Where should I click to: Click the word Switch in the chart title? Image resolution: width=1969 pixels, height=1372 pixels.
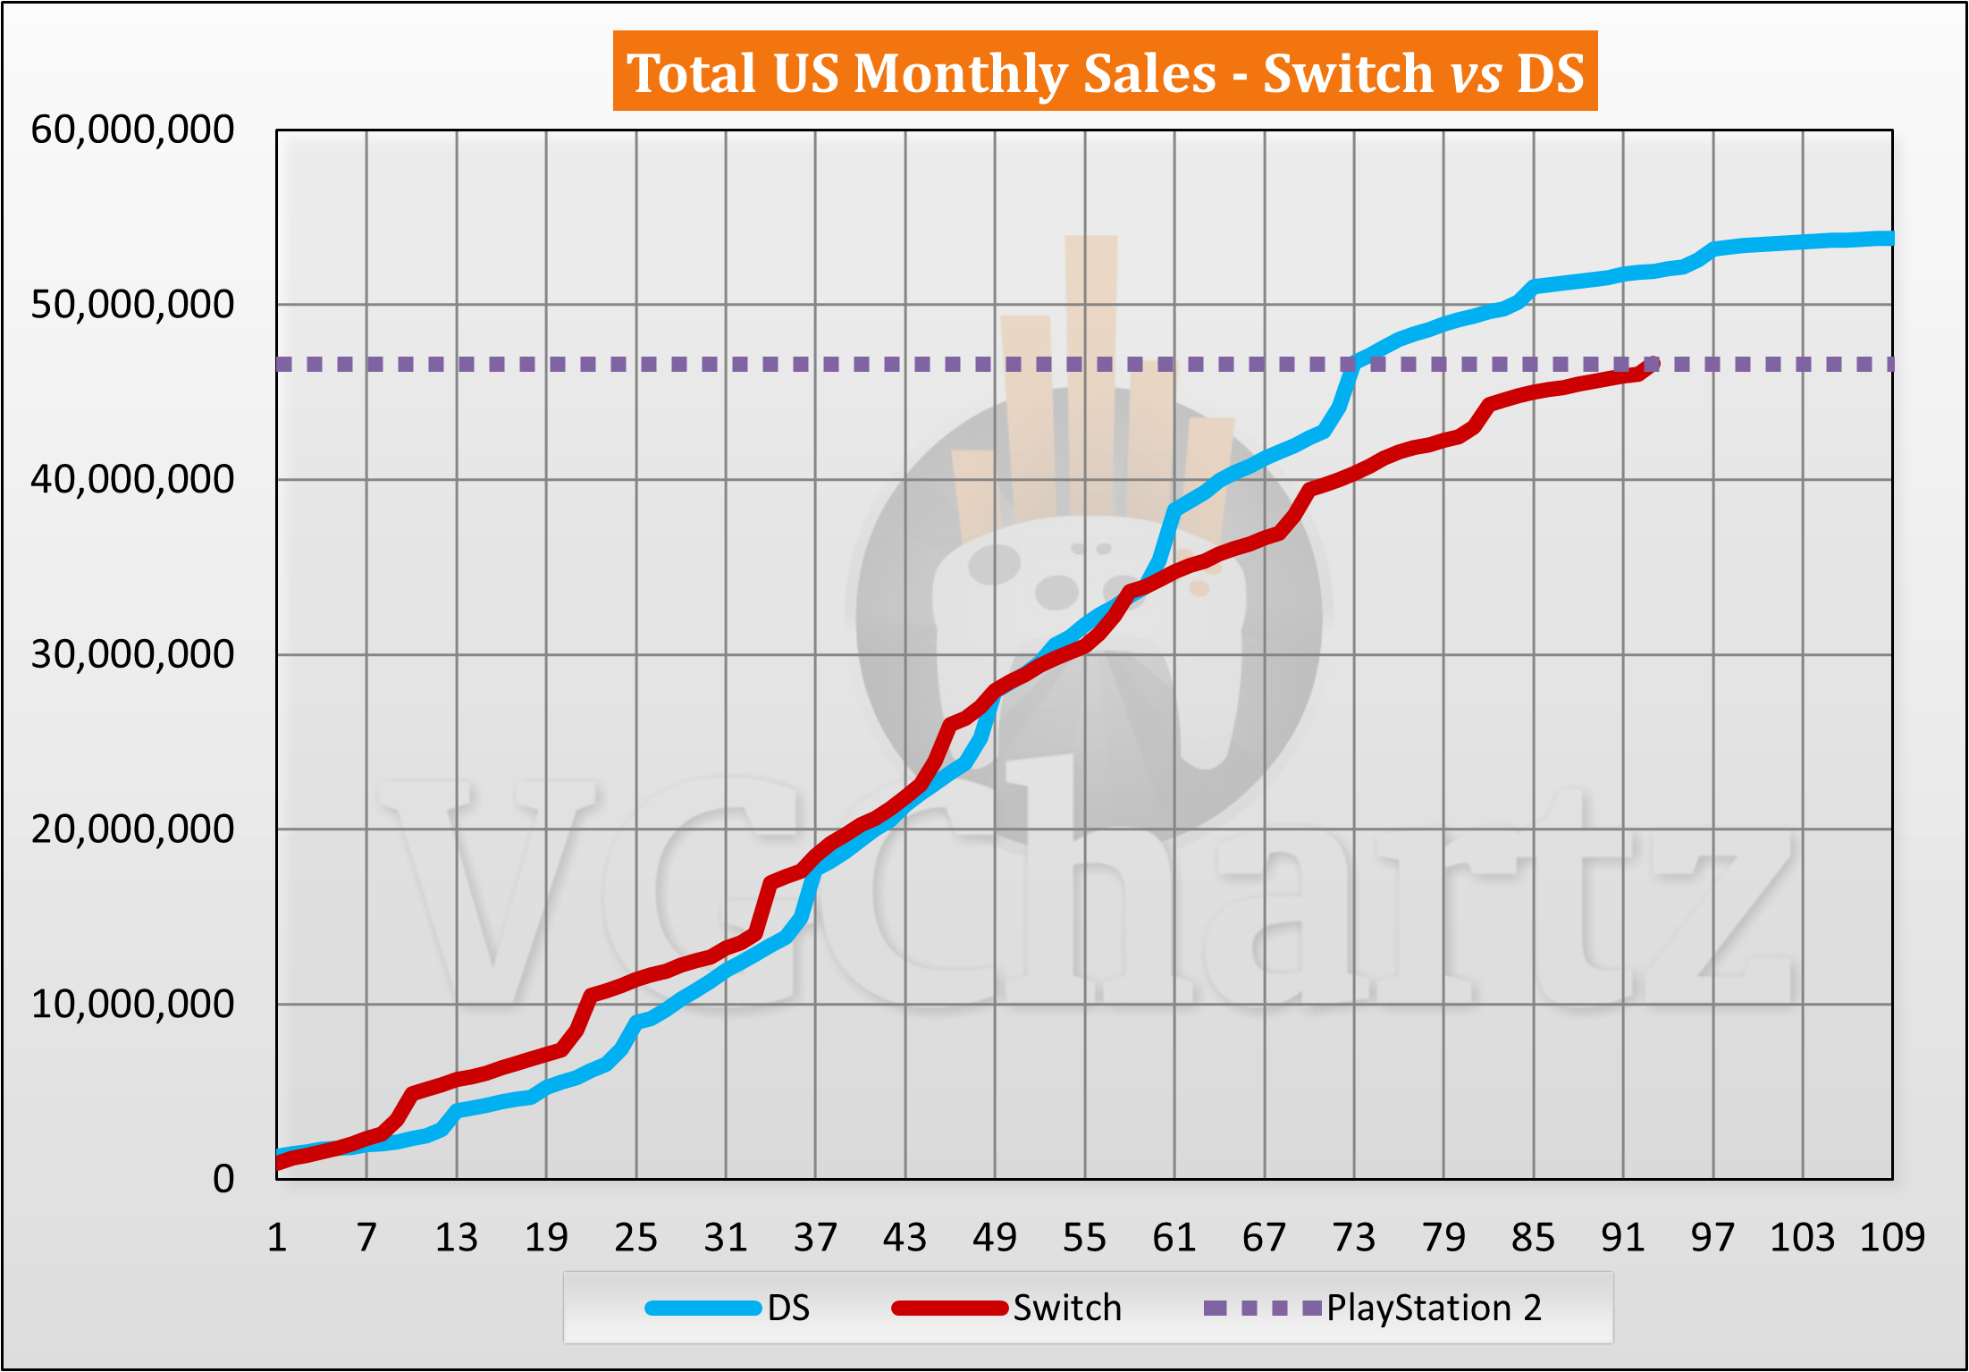click(1348, 73)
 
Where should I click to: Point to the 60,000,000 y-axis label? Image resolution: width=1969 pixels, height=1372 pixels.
click(132, 130)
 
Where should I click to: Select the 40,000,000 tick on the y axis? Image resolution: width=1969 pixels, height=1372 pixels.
click(132, 480)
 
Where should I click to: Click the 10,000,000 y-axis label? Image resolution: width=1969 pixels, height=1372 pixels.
click(132, 1005)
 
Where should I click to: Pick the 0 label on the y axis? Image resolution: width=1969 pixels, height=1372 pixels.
click(223, 1179)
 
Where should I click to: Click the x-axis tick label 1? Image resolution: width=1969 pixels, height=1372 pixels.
click(277, 1238)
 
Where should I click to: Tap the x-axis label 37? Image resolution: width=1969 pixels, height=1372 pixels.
click(815, 1238)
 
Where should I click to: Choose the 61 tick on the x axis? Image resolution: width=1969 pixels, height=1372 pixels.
click(1174, 1238)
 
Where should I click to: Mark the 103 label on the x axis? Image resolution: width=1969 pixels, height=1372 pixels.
click(1802, 1238)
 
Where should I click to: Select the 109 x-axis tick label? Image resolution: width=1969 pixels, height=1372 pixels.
click(1892, 1238)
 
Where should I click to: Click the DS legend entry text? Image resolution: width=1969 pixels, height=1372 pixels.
click(788, 1309)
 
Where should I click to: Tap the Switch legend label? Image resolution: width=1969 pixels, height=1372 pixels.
click(1067, 1309)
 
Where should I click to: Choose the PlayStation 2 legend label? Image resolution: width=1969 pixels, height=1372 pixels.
click(1434, 1309)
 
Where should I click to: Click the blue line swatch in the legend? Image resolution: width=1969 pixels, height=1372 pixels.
click(703, 1309)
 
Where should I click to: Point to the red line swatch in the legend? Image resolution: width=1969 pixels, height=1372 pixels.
click(950, 1309)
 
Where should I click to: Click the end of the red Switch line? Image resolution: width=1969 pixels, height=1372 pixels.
click(1652, 364)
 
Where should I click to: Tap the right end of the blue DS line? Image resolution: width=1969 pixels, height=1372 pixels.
click(1889, 238)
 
